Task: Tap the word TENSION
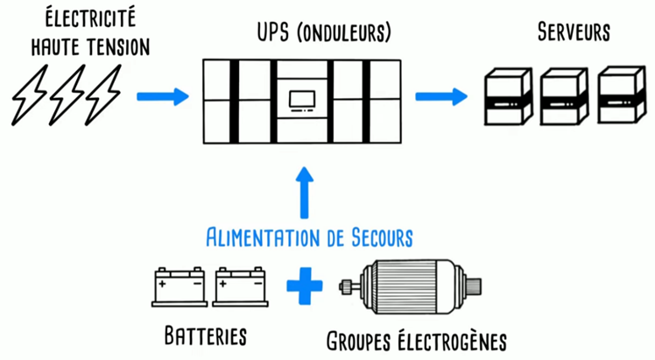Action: tap(111, 43)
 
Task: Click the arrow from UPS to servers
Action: tap(441, 95)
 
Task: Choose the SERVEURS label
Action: tap(573, 32)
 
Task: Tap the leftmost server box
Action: tap(507, 98)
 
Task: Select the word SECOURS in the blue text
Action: tap(372, 236)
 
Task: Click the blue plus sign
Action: tap(304, 286)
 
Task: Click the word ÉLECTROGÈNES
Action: tap(455, 339)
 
